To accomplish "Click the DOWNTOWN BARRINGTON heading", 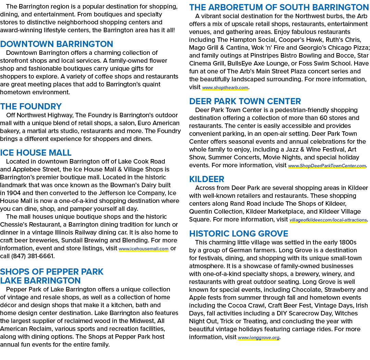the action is [57, 44].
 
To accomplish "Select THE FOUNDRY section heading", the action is [31, 106].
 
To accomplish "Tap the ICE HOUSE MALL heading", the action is [36, 153].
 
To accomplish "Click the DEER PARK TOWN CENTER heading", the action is [245, 101].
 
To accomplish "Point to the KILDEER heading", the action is [207, 179].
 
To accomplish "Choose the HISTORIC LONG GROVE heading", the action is [238, 233].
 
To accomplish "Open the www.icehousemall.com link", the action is [144, 249].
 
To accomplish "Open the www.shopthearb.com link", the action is [225, 88].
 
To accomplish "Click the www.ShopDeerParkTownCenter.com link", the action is [327, 166].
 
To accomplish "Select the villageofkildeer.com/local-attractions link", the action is [328, 220].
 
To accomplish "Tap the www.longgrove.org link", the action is [259, 338].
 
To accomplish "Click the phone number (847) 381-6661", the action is [33, 256].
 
